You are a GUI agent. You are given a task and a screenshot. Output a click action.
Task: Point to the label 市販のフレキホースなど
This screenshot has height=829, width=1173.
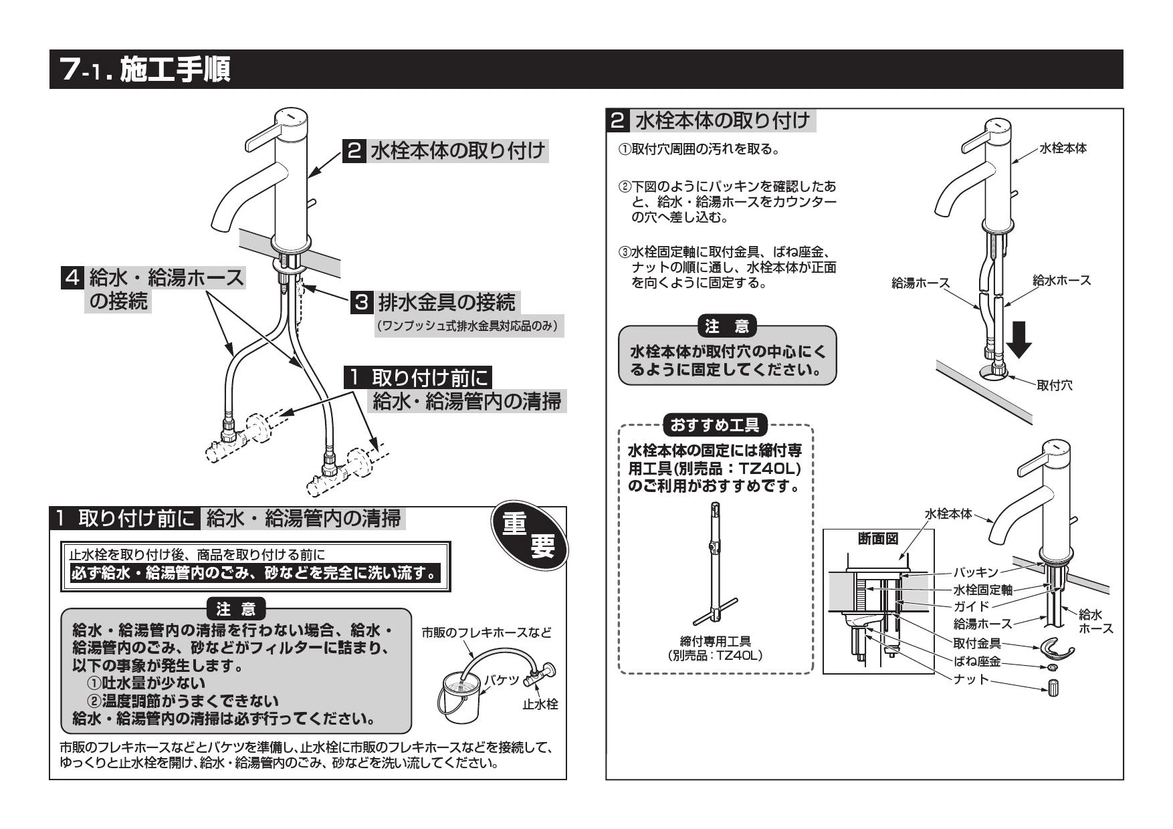[x=487, y=632]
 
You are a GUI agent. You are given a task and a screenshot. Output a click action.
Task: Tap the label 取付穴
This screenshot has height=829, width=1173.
[x=1055, y=385]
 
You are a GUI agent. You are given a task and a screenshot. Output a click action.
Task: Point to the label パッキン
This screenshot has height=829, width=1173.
[x=975, y=572]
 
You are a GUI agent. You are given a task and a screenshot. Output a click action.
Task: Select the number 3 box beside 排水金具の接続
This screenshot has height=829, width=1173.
[x=360, y=303]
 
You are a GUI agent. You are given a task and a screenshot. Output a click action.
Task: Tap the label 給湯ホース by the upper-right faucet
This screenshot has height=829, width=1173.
[x=920, y=283]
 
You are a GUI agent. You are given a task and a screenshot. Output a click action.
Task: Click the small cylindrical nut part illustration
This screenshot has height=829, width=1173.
[x=1053, y=687]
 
